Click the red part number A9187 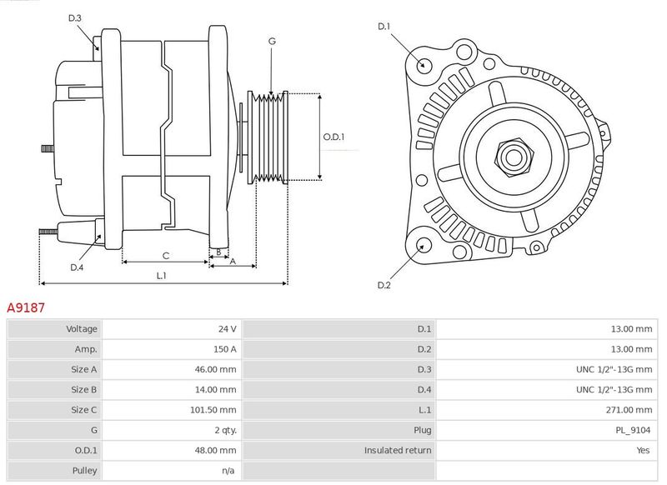[26, 307]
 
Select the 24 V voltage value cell [227, 329]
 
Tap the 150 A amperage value [224, 349]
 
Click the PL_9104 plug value [633, 430]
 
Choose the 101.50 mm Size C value [213, 410]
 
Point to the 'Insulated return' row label [398, 451]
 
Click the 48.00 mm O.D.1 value [215, 451]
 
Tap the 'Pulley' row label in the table [84, 471]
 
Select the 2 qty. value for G [225, 430]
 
